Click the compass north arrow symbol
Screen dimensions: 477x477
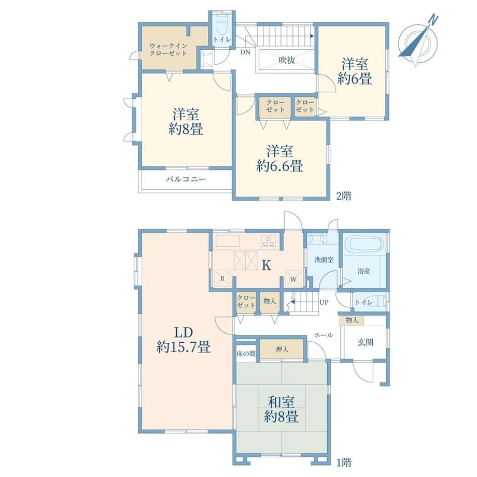[x=418, y=40]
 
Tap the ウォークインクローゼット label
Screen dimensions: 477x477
[x=168, y=50]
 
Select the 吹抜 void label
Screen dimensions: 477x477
[x=287, y=60]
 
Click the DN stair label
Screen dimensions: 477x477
[x=245, y=52]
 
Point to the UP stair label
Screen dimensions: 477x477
[x=324, y=302]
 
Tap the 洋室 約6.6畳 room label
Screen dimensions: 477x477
[x=279, y=159]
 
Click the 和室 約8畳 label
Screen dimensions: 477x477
[x=281, y=409]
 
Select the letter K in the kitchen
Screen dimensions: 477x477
[x=266, y=265]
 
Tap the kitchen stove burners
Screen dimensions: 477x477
[x=269, y=241]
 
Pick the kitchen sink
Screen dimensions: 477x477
[x=228, y=241]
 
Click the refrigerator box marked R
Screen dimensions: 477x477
[x=222, y=278]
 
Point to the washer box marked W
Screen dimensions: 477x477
[x=293, y=278]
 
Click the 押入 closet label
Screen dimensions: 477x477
[x=282, y=349]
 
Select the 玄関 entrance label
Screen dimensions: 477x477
[x=365, y=342]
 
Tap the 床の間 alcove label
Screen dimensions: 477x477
[x=246, y=354]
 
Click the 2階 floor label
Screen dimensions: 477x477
[x=344, y=195]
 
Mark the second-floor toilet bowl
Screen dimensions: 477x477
[x=222, y=24]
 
